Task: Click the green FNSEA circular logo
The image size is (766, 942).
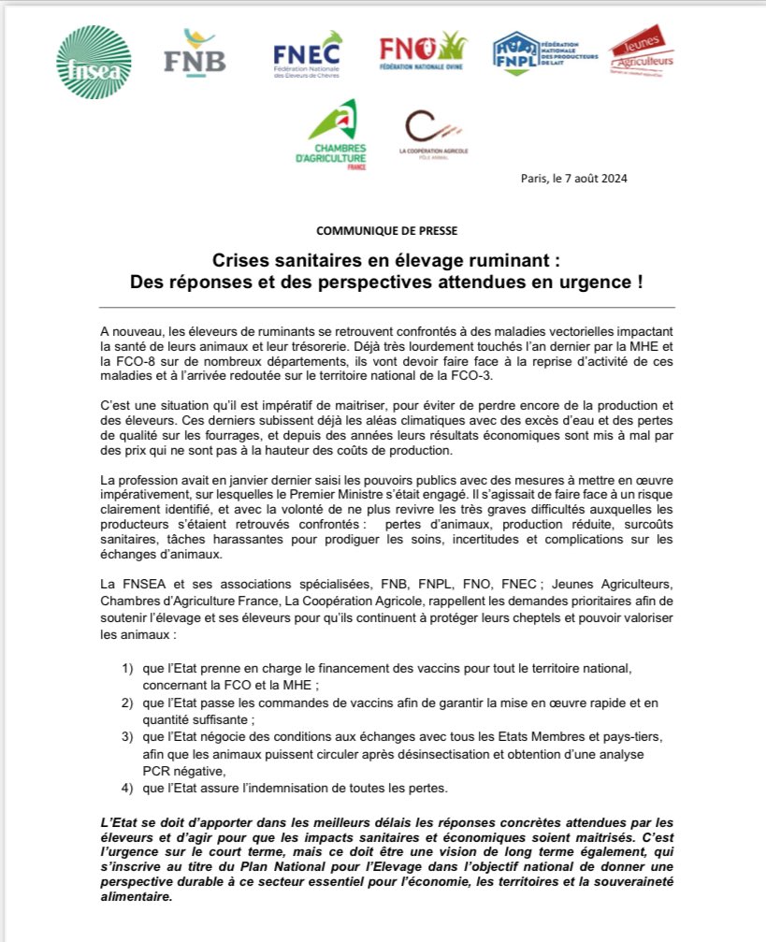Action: [94, 61]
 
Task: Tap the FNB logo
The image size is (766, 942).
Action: [195, 51]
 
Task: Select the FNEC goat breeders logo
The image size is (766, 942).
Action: [308, 54]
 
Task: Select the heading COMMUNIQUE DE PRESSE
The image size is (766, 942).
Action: [386, 229]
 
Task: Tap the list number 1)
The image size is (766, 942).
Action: [127, 670]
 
